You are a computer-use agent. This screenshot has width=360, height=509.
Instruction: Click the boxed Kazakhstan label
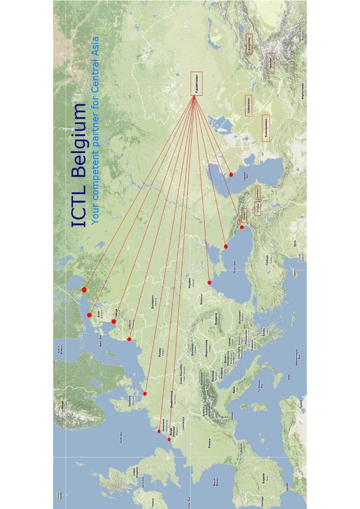pyautogui.click(x=195, y=84)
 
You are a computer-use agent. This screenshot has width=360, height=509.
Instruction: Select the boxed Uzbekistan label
pyautogui.click(x=248, y=106)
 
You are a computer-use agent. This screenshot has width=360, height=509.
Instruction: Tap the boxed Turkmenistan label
pyautogui.click(x=266, y=128)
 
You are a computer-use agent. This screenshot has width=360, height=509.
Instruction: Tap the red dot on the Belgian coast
pyautogui.click(x=169, y=439)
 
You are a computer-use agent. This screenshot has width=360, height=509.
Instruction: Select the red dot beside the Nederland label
pyautogui.click(x=159, y=431)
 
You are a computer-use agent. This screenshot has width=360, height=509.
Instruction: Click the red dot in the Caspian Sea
pyautogui.click(x=231, y=175)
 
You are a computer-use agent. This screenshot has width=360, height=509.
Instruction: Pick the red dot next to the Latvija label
pyautogui.click(x=114, y=322)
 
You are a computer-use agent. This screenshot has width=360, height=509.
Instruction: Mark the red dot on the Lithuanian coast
pyautogui.click(x=129, y=339)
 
